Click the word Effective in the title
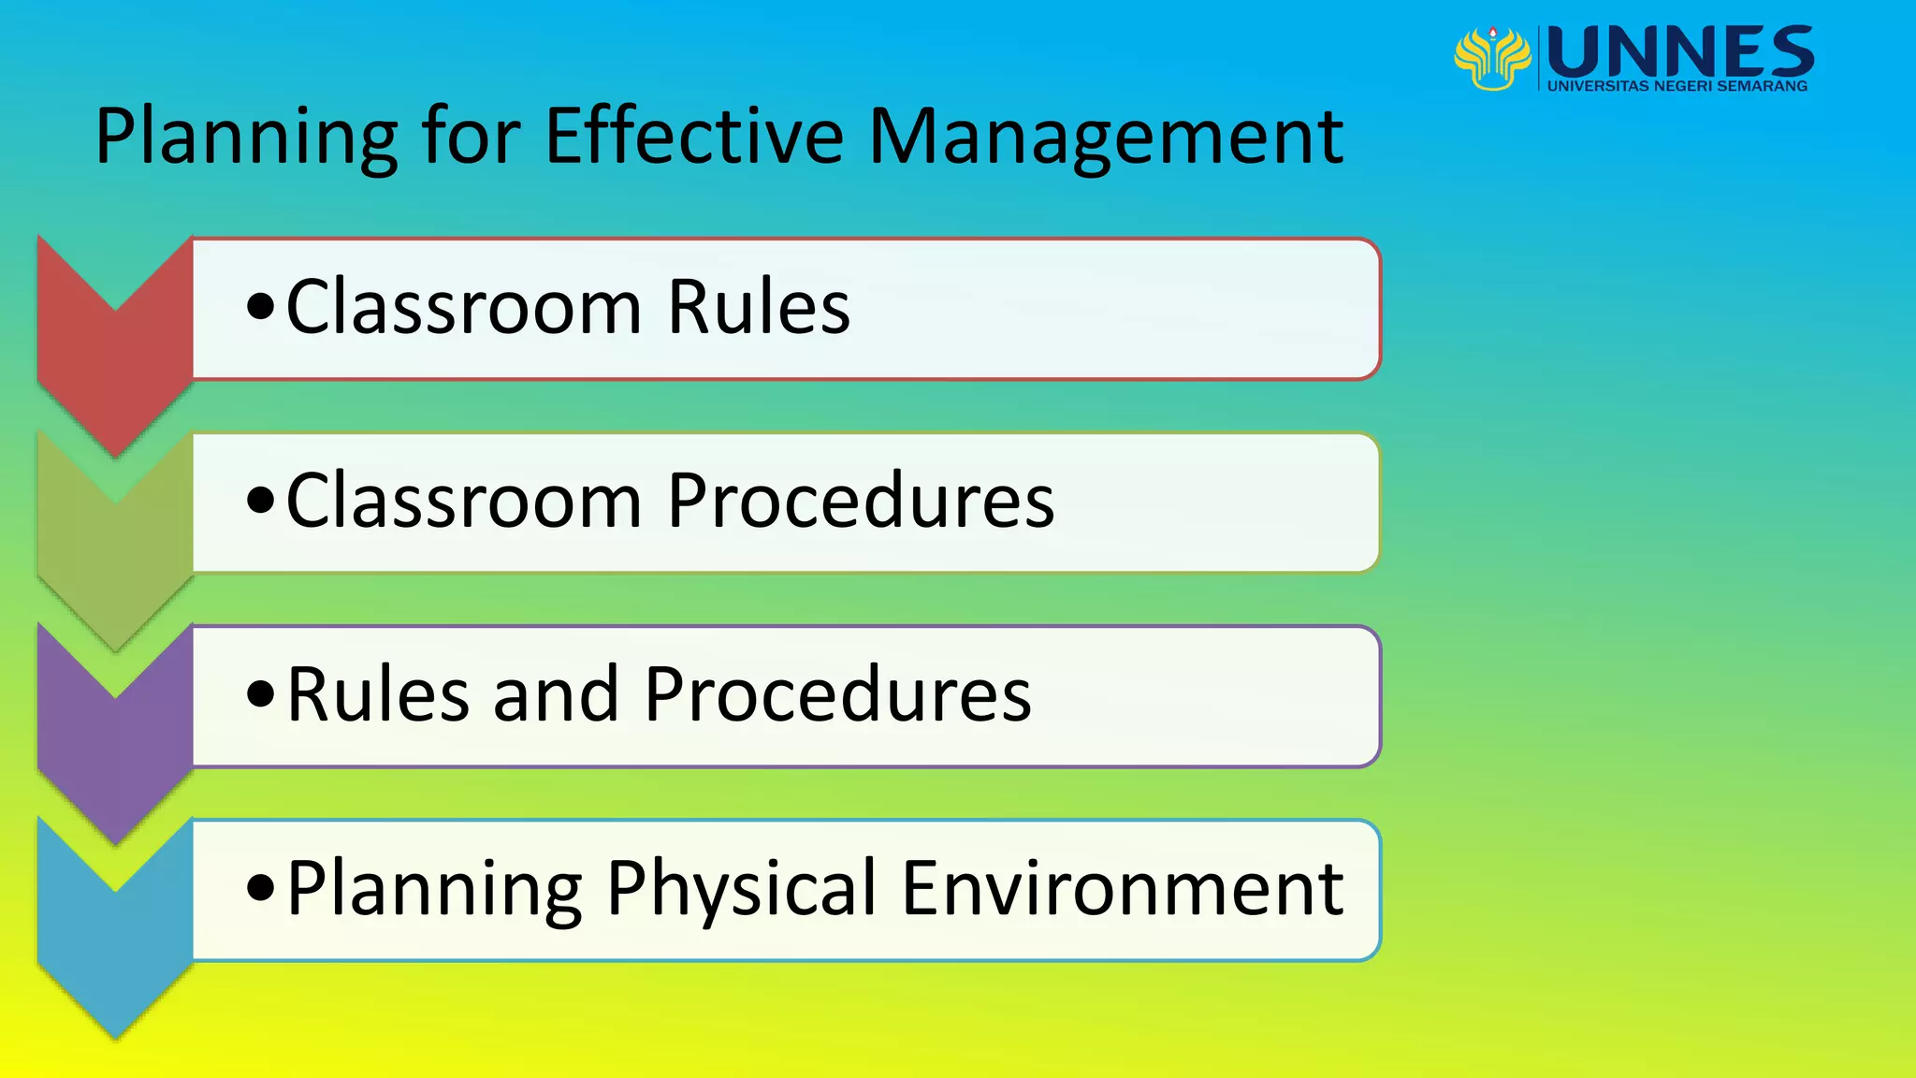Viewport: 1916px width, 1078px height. [x=694, y=137]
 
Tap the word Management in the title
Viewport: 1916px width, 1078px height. [x=1106, y=138]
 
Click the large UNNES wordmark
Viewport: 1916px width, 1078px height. [x=1681, y=52]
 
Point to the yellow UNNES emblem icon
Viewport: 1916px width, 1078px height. [x=1492, y=58]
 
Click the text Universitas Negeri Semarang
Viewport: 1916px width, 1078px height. [x=1677, y=86]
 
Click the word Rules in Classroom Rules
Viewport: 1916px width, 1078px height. [x=758, y=307]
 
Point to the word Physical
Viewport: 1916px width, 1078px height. [x=741, y=889]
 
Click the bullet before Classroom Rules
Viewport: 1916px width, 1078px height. [x=260, y=307]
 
